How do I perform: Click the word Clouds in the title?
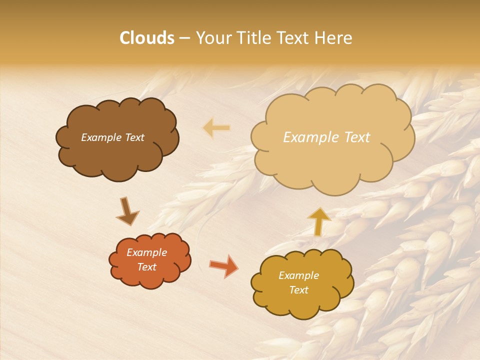pyautogui.click(x=147, y=38)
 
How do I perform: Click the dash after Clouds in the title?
pyautogui.click(x=185, y=38)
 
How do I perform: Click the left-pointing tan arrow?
pyautogui.click(x=216, y=128)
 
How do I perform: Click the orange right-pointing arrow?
pyautogui.click(x=223, y=266)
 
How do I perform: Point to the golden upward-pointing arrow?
pyautogui.click(x=319, y=220)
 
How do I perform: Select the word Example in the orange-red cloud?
pyautogui.click(x=146, y=252)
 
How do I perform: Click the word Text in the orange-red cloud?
pyautogui.click(x=146, y=267)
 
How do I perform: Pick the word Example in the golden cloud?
pyautogui.click(x=298, y=275)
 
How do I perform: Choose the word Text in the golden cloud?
pyautogui.click(x=298, y=290)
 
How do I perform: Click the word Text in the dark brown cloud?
pyautogui.click(x=134, y=137)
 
